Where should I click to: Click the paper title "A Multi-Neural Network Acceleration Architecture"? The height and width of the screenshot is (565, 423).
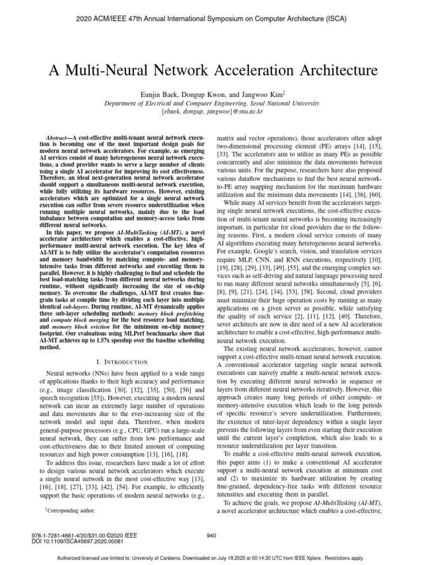[x=211, y=71]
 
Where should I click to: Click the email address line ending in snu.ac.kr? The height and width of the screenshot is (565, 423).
[x=211, y=111]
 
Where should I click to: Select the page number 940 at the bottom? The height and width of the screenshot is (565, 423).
[x=211, y=535]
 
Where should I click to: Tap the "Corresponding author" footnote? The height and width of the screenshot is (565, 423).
[x=72, y=511]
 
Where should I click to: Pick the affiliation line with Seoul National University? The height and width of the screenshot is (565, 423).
[x=211, y=103]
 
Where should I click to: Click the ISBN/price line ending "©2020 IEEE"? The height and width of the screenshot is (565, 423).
[x=79, y=535]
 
